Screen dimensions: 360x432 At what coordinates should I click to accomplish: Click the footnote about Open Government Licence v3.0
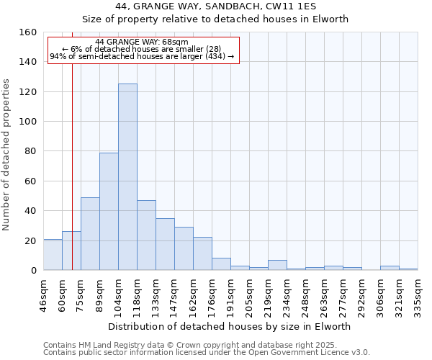click(x=207, y=352)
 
